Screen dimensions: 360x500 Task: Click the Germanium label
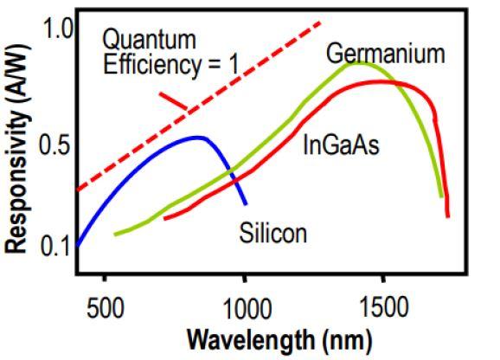385,55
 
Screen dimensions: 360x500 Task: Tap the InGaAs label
341,145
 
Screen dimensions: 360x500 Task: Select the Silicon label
273,233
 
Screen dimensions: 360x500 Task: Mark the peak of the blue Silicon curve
197,137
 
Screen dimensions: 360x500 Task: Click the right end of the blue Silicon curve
246,204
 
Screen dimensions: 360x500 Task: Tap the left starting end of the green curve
114,234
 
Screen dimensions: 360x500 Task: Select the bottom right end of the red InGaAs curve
447,216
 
